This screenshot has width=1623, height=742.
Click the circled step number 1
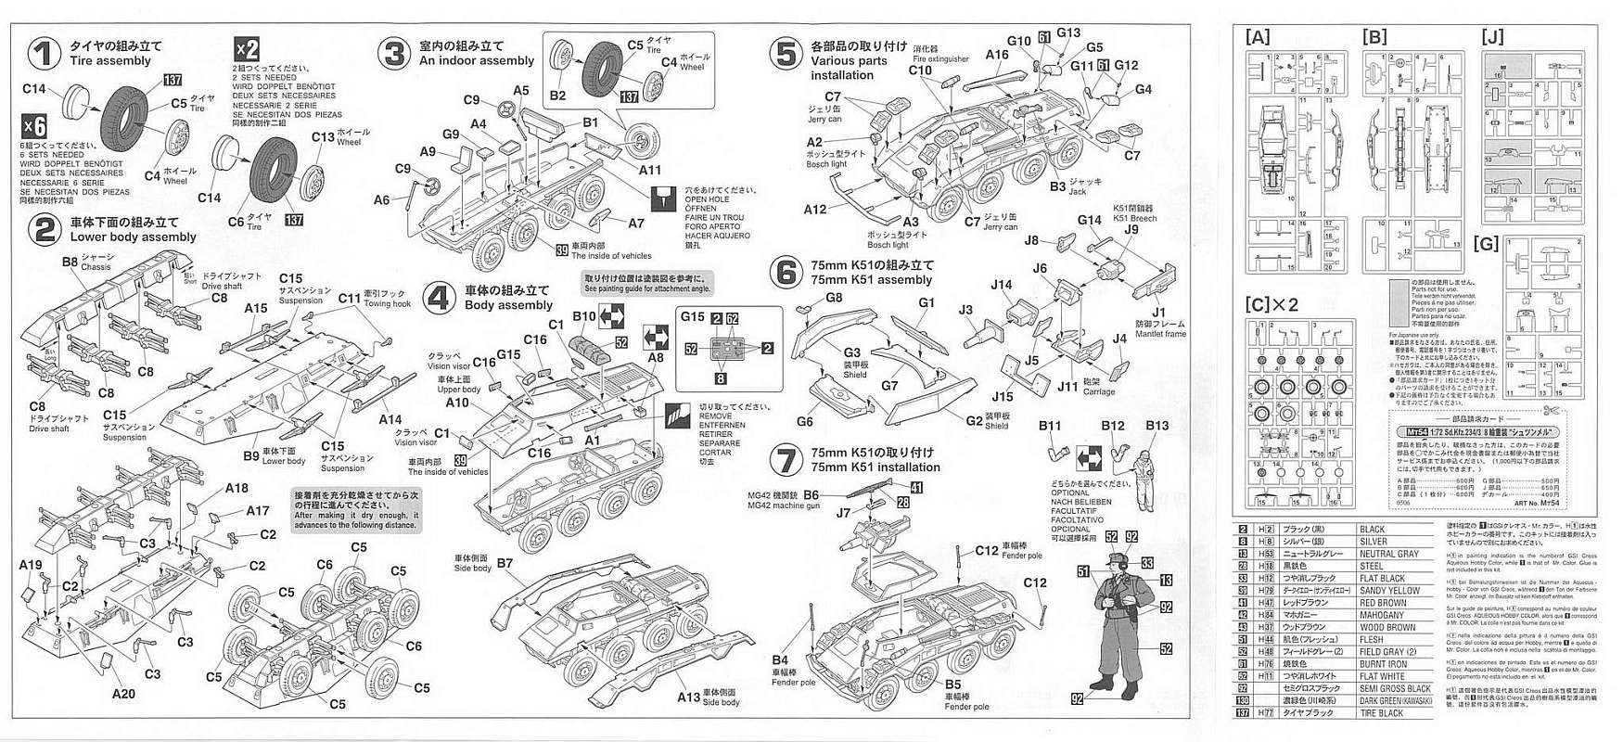[43, 53]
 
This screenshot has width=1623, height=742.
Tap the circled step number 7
[786, 461]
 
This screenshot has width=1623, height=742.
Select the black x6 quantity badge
[33, 126]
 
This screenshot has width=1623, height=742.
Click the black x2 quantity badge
[246, 48]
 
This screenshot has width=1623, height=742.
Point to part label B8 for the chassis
[70, 262]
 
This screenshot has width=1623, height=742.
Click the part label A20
[123, 693]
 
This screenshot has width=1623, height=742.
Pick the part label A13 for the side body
[688, 697]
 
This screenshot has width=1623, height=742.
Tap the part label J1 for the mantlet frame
[1158, 313]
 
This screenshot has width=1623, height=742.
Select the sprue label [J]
[1492, 37]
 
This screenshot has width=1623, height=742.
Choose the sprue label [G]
[1486, 244]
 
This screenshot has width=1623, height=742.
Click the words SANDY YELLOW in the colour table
[1389, 591]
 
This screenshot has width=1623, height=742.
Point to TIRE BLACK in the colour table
[1382, 712]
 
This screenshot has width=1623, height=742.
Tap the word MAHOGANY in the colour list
[1382, 615]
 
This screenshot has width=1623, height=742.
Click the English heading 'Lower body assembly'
[134, 237]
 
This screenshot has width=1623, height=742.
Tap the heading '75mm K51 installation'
[875, 467]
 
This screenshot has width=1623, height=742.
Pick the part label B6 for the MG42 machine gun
[811, 495]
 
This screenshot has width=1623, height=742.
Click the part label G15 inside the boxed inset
[692, 316]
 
